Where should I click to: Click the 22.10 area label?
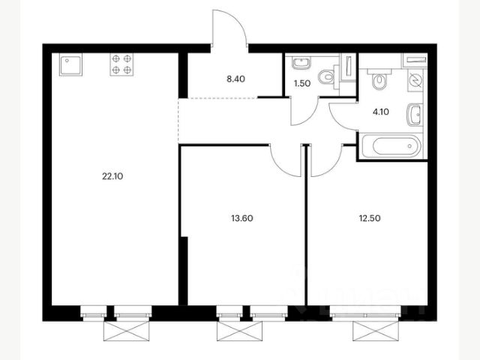coord(112,176)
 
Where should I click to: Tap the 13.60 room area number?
coord(242,218)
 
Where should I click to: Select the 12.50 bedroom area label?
coord(370,218)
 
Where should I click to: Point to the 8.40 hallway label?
coord(235,79)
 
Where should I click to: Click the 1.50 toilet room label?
coord(302,83)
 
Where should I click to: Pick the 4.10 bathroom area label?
coord(381,112)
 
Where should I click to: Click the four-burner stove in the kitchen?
coord(121,64)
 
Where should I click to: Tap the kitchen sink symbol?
coord(70,64)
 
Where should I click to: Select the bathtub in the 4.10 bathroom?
coord(392,146)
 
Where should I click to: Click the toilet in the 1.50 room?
coord(327,77)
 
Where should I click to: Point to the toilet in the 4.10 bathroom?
coord(379,80)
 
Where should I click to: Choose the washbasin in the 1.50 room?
coord(301,63)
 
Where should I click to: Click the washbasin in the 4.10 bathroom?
coord(415,115)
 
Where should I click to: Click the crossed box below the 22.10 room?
coord(127,331)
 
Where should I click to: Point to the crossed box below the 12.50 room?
coord(376,331)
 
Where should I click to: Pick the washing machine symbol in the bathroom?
coord(415,80)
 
